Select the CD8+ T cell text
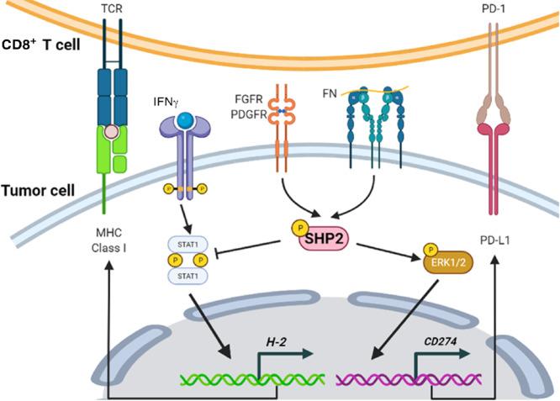coord(40,45)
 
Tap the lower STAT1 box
coord(190,274)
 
